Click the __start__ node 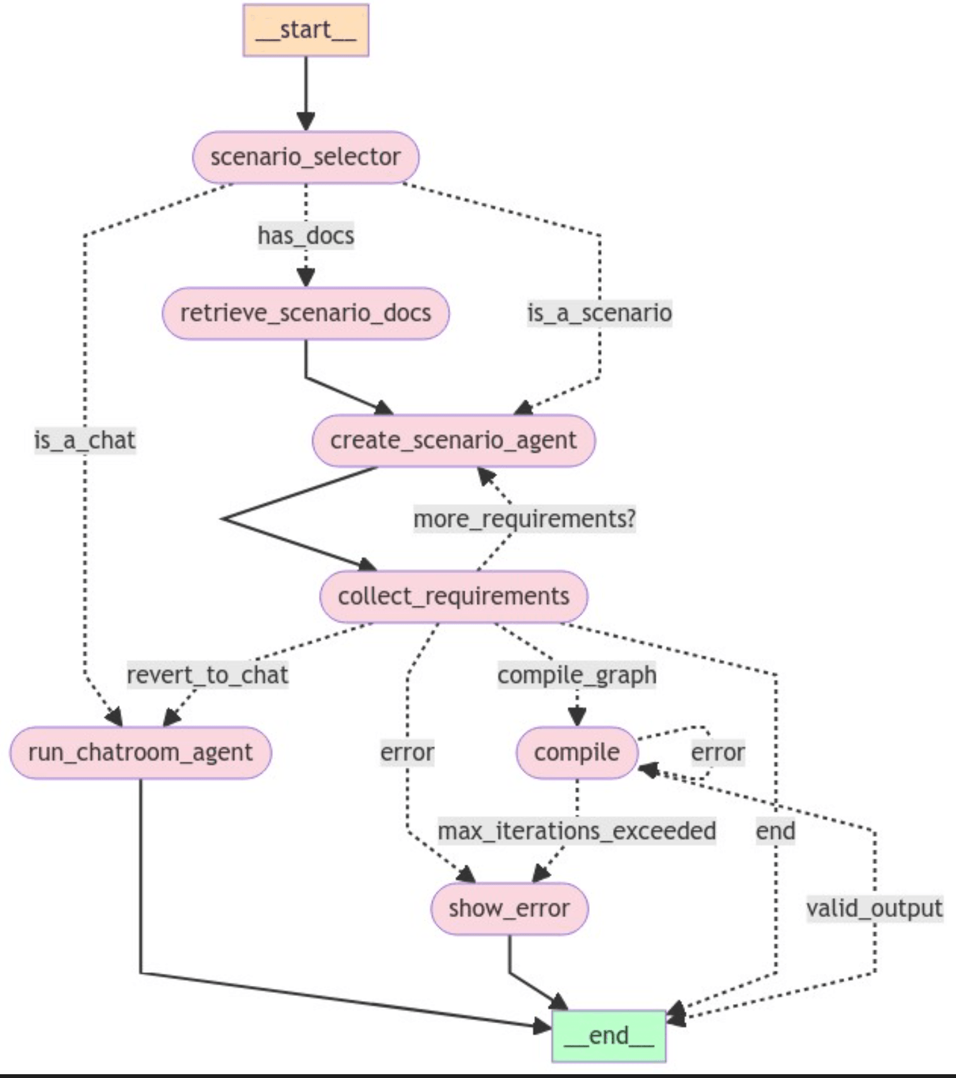coord(306,30)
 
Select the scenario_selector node coord(306,157)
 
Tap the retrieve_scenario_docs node coord(306,313)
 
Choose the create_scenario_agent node coord(453,441)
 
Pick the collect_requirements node coord(453,596)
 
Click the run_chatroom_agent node coord(140,752)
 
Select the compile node coord(577,752)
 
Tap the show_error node coord(510,908)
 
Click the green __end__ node coord(609,1036)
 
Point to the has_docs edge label coord(306,235)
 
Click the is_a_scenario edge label coord(600,313)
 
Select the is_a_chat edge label coord(85,441)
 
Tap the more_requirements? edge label coord(525,519)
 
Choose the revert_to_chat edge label coord(208,675)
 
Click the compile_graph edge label coord(577,675)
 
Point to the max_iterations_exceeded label coord(577,831)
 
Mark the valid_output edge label coord(875,908)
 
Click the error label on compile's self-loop coord(718,752)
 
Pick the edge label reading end coord(775,831)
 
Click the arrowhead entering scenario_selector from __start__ coord(306,122)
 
